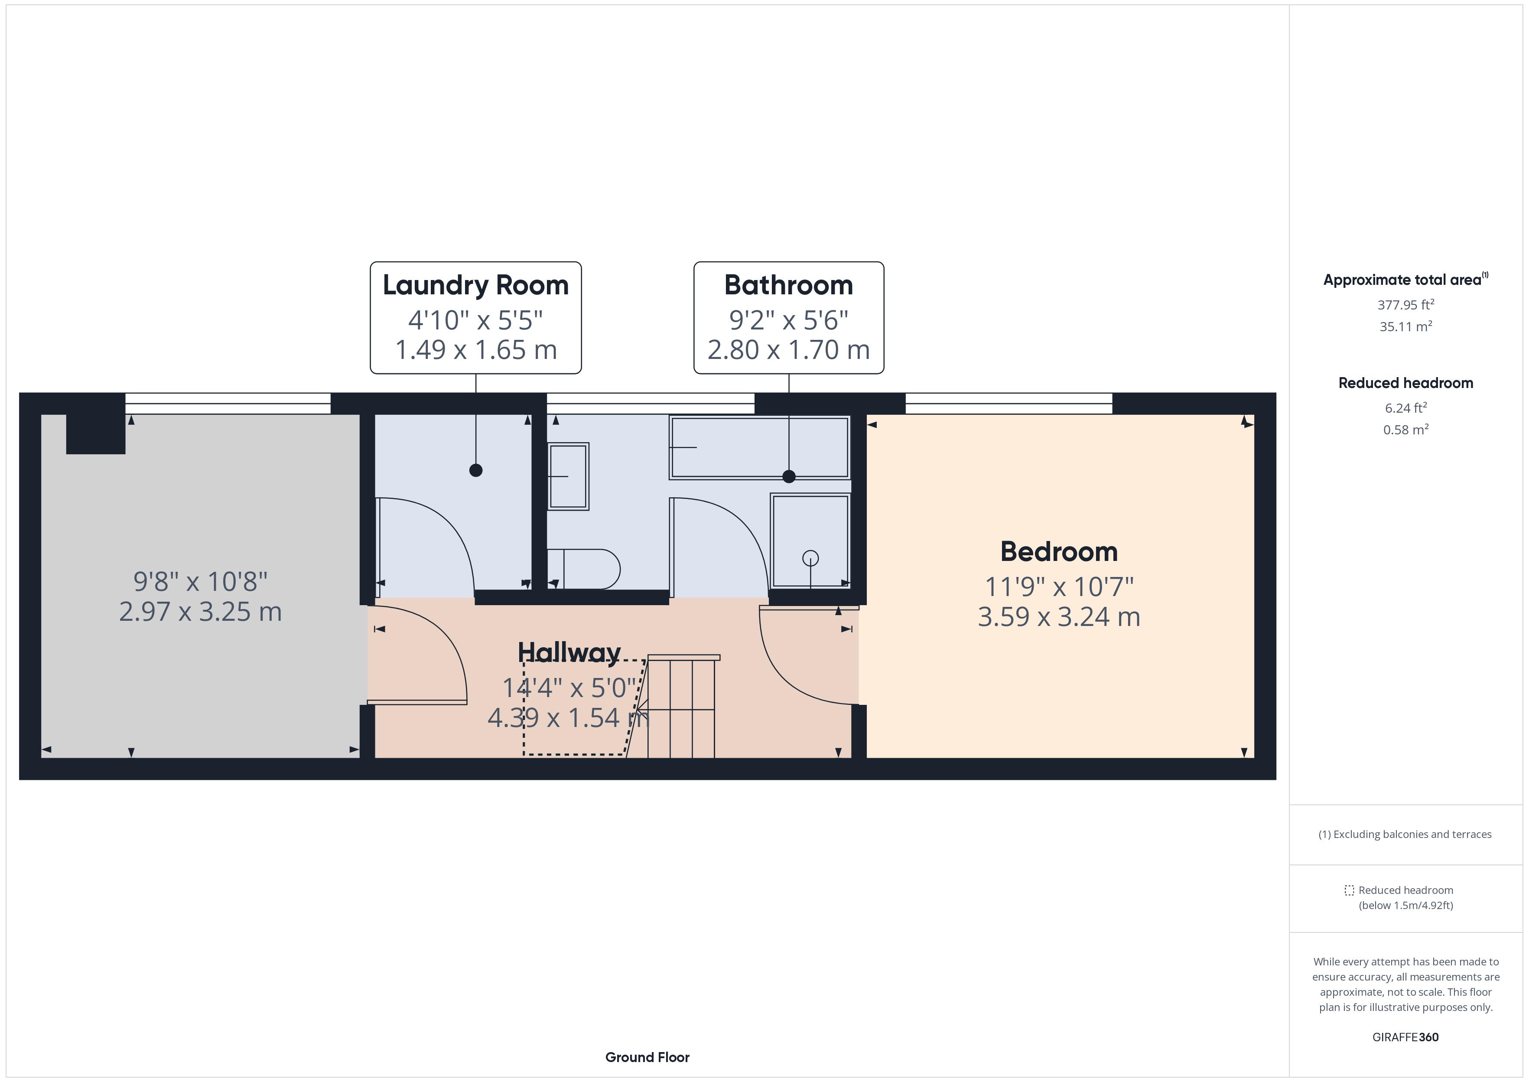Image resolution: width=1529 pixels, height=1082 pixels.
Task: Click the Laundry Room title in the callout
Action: coord(475,285)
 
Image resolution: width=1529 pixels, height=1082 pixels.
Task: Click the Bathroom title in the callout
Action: coord(788,285)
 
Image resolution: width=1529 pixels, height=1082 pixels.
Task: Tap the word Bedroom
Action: coord(1059,552)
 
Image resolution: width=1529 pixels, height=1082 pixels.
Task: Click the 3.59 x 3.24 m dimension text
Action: coord(1059,617)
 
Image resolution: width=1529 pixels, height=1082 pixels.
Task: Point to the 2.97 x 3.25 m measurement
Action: coord(201,612)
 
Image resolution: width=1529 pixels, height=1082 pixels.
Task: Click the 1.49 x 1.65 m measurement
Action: coord(475,350)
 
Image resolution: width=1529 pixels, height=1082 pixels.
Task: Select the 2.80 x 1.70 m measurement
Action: coord(788,350)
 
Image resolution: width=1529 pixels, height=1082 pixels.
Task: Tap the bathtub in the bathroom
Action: coord(759,447)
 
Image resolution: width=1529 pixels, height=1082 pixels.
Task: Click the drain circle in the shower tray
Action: coord(810,557)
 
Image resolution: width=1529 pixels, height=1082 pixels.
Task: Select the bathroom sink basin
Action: coord(568,476)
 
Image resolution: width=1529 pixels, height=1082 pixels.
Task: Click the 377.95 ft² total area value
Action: coord(1405,305)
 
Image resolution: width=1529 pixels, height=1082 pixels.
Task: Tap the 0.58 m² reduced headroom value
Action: coord(1405,430)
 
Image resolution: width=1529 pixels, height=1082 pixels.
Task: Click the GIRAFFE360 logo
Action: coord(1405,1037)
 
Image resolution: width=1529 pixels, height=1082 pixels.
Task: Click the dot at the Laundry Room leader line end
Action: coord(475,470)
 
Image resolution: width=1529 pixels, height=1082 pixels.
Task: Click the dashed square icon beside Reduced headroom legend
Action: coord(1349,890)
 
